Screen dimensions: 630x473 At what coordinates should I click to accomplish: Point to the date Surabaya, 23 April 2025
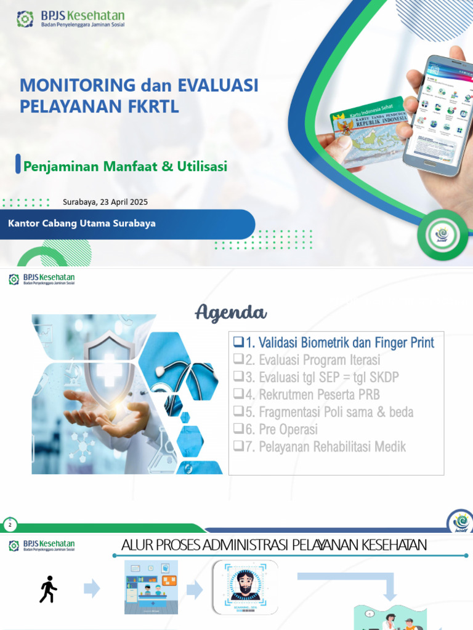[x=105, y=202]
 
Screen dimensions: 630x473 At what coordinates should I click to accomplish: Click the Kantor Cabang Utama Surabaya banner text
[x=82, y=223]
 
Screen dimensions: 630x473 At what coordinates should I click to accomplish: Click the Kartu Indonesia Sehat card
[x=368, y=130]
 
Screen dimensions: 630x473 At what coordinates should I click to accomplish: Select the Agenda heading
[x=231, y=313]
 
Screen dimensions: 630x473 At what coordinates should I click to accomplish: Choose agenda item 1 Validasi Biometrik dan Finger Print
[x=334, y=342]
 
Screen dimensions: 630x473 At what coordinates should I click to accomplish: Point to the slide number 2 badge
[x=10, y=525]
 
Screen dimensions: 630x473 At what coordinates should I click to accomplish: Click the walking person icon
[x=48, y=589]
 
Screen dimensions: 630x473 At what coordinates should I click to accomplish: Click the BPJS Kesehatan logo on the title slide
[x=70, y=19]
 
